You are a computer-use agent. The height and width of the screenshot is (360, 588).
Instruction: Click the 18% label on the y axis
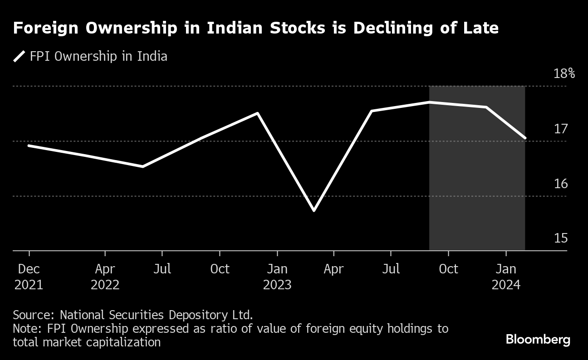click(564, 73)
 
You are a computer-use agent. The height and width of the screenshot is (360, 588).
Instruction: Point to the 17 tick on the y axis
click(561, 129)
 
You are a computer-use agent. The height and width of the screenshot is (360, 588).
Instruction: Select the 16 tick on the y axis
click(561, 184)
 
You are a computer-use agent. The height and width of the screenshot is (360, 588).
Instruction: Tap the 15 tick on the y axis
click(561, 238)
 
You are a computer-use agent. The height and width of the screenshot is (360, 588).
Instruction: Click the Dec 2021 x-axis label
click(29, 277)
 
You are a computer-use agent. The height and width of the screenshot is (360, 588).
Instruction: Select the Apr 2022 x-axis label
click(105, 277)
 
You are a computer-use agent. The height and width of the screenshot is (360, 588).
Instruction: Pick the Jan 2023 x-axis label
click(277, 277)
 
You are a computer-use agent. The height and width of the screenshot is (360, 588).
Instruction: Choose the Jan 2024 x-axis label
click(505, 277)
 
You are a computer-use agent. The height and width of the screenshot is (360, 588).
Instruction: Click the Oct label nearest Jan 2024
click(448, 269)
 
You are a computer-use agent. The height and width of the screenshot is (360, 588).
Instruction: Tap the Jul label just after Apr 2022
click(162, 269)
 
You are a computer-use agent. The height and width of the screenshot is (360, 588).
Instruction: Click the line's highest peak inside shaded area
click(429, 102)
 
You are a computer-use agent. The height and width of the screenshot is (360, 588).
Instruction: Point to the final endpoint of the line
click(525, 138)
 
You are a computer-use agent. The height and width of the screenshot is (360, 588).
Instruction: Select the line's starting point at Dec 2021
click(29, 146)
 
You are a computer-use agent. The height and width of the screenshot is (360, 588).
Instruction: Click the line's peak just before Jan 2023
click(258, 113)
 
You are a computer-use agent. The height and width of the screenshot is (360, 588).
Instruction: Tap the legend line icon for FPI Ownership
click(19, 57)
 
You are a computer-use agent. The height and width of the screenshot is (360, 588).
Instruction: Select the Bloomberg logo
click(538, 340)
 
